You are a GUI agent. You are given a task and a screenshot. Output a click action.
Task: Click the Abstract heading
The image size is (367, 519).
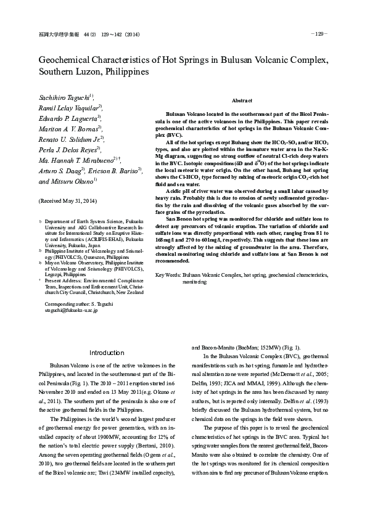tap(242, 100)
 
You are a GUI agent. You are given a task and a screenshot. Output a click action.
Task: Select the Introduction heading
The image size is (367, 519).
tap(107, 353)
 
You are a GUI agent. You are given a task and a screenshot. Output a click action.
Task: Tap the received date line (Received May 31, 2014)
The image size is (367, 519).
tap(68, 202)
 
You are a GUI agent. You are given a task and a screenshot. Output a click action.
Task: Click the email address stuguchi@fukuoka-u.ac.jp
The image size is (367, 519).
tap(68, 311)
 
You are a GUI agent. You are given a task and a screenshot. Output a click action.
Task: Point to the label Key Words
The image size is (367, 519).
tap(167, 274)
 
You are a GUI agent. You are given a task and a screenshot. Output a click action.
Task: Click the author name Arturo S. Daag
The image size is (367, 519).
tap(60, 171)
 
